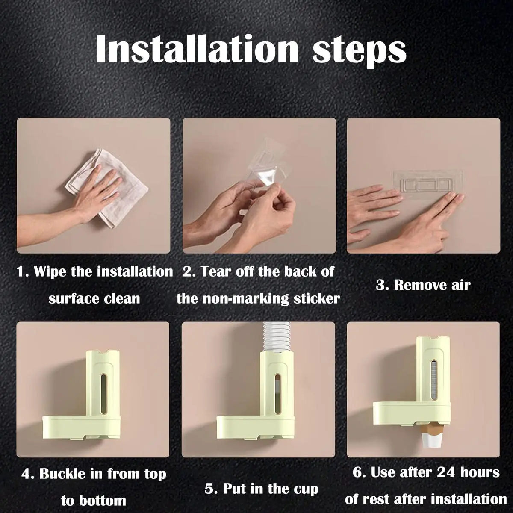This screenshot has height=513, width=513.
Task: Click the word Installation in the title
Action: [x=197, y=50]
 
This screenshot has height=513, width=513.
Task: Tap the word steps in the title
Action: [x=359, y=52]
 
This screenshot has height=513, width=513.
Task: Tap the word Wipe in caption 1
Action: [x=50, y=272]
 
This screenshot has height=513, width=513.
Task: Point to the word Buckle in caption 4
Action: [x=62, y=474]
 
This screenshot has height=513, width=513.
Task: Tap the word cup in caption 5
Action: [x=306, y=489]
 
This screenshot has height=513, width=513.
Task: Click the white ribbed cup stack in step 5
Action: [x=277, y=337]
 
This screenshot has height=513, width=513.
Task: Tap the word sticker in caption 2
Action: [x=317, y=299]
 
